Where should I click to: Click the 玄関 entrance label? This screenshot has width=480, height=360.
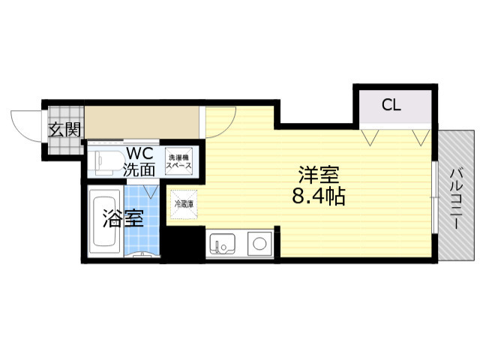(x=64, y=128)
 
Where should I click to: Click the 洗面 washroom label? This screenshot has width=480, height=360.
(x=139, y=169)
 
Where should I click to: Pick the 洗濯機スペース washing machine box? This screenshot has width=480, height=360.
(x=179, y=161)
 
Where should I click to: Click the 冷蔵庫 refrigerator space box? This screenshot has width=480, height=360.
(x=184, y=203)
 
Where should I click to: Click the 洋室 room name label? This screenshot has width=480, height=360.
(x=319, y=178)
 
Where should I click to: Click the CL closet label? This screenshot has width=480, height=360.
(x=391, y=105)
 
